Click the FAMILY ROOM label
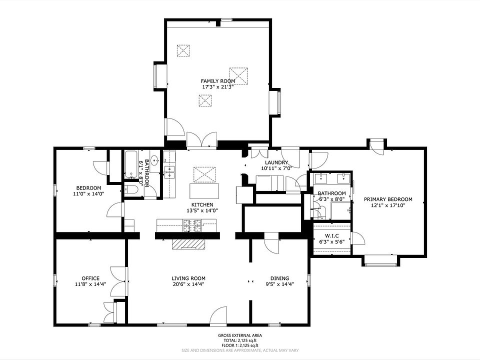[218, 81]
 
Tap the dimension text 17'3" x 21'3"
[218, 86]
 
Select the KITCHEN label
[202, 204]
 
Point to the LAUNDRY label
[276, 162]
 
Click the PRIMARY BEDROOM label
[388, 199]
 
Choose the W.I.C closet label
[332, 235]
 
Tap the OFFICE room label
[90, 278]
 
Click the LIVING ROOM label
[188, 278]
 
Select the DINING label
[279, 278]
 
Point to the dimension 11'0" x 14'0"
[89, 193]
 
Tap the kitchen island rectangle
[204, 191]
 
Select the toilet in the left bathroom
[131, 190]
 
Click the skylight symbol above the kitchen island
[204, 174]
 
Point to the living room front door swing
[218, 315]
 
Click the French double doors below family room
[201, 140]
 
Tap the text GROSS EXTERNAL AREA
[240, 335]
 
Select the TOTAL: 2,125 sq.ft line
[240, 340]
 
